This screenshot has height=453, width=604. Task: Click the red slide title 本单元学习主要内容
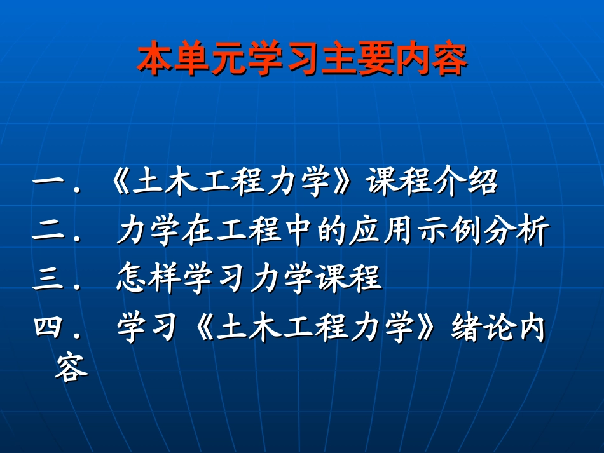tap(302, 59)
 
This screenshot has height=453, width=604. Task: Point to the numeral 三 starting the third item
tap(48, 280)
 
